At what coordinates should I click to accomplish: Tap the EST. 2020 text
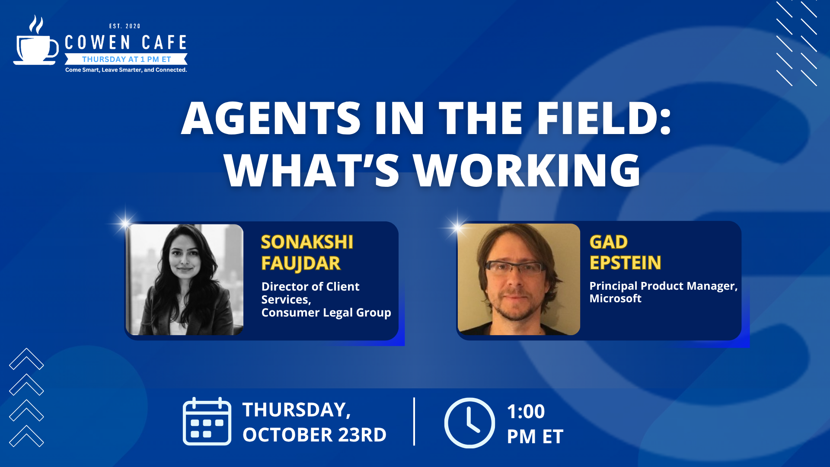[125, 26]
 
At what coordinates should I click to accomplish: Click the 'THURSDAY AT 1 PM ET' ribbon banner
[126, 59]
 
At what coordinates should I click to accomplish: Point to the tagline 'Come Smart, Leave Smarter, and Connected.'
[126, 70]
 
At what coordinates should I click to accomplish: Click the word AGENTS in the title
[271, 118]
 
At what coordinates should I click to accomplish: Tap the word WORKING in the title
[527, 170]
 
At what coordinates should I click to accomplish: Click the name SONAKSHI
[307, 242]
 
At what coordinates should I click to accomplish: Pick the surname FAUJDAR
[301, 264]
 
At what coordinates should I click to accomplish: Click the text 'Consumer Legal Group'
[326, 313]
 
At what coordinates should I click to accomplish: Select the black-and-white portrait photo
[185, 279]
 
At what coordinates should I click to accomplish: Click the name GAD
[609, 242]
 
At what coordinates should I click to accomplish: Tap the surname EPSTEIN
[626, 263]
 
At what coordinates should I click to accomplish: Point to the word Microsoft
[616, 299]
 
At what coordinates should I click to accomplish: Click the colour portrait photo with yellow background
[519, 279]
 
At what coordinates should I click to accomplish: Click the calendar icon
[207, 421]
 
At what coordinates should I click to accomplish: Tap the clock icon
[470, 423]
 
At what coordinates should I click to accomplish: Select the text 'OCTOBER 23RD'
[314, 435]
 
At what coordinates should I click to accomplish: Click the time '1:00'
[526, 412]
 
